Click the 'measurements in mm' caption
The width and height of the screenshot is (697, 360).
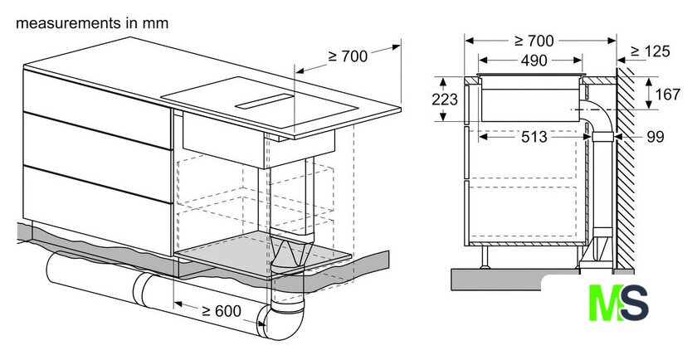click(x=92, y=23)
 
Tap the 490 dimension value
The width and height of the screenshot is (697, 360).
click(x=534, y=61)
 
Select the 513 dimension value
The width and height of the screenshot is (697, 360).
click(x=534, y=137)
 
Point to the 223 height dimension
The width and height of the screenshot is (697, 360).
click(x=445, y=99)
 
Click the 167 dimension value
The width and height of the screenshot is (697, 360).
click(x=667, y=95)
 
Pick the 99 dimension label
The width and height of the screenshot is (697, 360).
click(x=655, y=137)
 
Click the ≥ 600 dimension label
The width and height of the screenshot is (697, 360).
click(x=222, y=311)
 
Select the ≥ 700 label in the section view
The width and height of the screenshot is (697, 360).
click(x=534, y=41)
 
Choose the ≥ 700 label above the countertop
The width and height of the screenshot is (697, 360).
click(x=348, y=56)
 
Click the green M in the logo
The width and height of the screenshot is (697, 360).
click(x=606, y=303)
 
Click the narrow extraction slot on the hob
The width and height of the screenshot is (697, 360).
click(x=265, y=101)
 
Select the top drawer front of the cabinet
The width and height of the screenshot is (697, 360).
click(x=98, y=109)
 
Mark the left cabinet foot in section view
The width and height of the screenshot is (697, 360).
click(x=485, y=257)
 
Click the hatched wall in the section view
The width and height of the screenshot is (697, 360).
click(x=626, y=169)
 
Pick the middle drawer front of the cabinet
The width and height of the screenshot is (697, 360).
click(x=98, y=158)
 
